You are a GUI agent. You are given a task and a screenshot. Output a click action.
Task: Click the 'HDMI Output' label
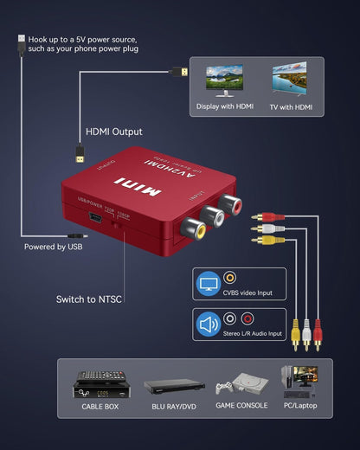(x=113, y=132)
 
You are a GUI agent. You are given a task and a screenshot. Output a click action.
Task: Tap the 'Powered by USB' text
(x=57, y=247)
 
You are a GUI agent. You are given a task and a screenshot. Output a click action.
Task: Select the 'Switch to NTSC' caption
(x=89, y=299)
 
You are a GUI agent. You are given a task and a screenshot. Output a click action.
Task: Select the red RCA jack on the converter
(x=231, y=204)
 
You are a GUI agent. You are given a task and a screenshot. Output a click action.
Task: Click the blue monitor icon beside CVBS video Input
(x=209, y=282)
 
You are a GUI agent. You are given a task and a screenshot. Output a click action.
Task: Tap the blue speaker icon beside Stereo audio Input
(x=209, y=325)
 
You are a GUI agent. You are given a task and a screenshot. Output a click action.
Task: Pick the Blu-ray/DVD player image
(x=173, y=386)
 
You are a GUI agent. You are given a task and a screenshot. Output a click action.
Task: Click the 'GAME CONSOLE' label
(x=236, y=405)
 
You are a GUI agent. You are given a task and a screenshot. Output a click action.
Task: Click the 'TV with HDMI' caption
(x=291, y=107)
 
